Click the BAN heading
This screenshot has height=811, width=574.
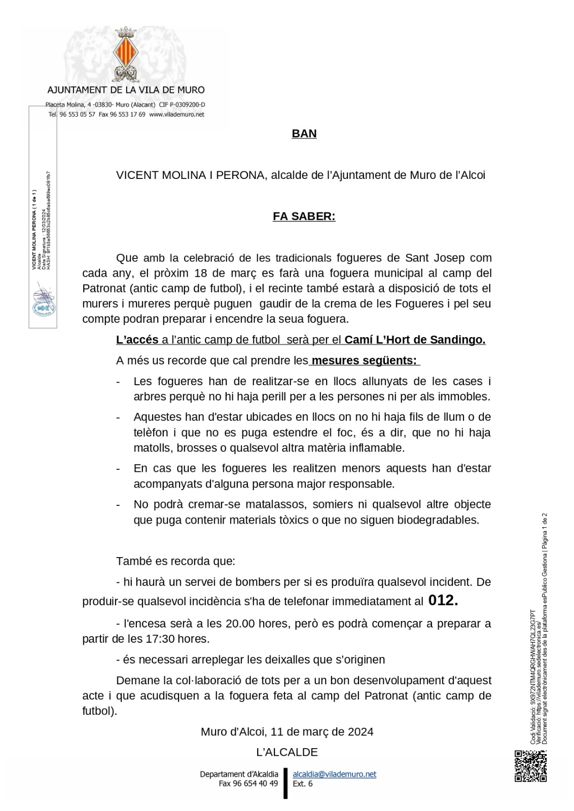(x=304, y=134)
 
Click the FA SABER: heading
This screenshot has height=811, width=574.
(x=304, y=216)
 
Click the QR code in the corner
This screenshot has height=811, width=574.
(x=531, y=766)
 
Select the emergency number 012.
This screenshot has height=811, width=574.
(x=443, y=601)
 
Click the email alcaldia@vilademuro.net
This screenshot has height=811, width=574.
(x=335, y=774)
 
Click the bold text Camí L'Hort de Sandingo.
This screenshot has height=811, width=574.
(x=415, y=340)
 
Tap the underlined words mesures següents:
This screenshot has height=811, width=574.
(x=365, y=361)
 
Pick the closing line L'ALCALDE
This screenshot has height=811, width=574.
(x=287, y=752)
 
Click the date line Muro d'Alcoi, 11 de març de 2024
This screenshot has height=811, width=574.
(x=287, y=731)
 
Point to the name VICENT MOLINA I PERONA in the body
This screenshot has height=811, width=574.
(x=191, y=175)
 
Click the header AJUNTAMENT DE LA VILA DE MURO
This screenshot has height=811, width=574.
(x=126, y=90)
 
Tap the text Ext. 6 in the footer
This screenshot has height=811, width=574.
(x=303, y=784)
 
